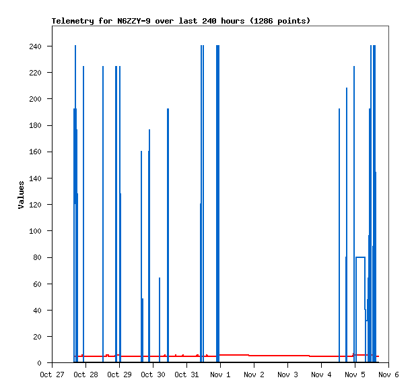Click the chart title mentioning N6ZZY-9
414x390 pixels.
tap(181, 21)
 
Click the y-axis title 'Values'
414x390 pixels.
tap(21, 194)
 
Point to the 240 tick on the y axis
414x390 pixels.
tap(35, 46)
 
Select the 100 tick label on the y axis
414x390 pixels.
tap(35, 231)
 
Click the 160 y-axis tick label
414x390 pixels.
tap(35, 152)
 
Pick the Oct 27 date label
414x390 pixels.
tap(52, 375)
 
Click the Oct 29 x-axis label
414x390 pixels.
tap(119, 375)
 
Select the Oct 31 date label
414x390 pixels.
tap(186, 375)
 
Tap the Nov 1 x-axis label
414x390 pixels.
tap(220, 375)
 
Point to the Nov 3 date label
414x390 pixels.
tap(287, 375)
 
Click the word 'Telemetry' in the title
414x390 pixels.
tap(73, 21)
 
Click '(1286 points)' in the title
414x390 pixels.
tap(280, 21)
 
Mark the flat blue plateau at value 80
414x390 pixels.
tap(360, 257)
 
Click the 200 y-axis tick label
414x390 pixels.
tap(35, 99)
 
